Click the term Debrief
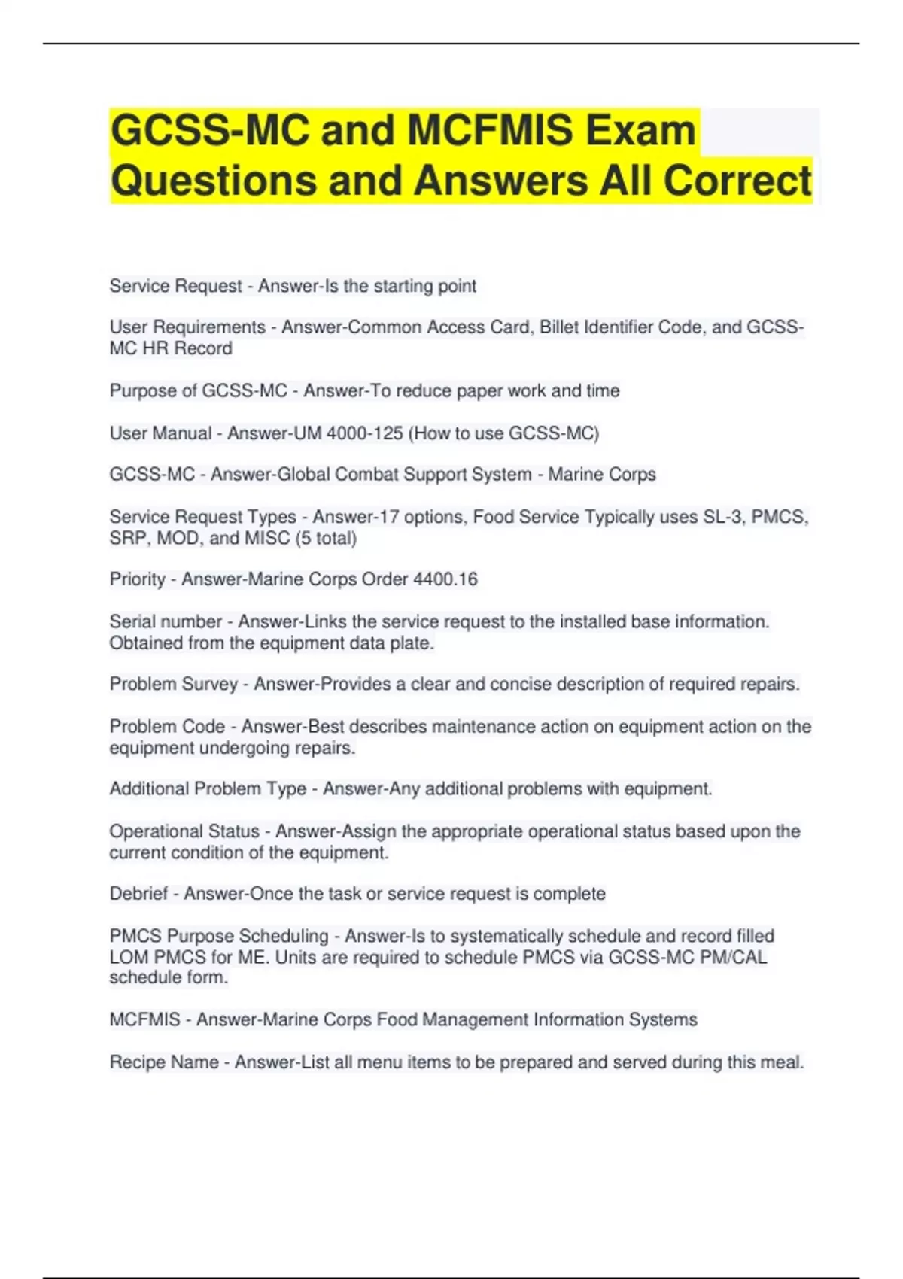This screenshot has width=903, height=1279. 138,894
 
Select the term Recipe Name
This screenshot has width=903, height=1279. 164,1062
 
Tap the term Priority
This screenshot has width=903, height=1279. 137,579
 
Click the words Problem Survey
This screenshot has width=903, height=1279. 173,684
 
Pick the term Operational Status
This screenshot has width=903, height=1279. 184,831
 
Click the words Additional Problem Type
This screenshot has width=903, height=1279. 208,788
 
